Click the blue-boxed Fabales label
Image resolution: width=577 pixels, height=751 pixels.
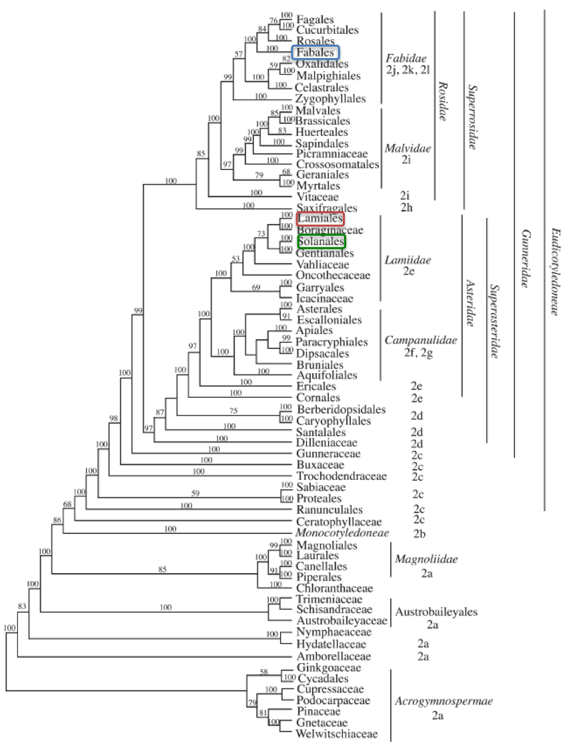(316, 53)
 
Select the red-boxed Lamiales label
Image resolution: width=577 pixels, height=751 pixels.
(321, 219)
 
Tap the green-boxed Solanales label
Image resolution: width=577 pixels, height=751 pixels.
(322, 241)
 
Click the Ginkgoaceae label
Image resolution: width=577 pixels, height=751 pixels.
(329, 668)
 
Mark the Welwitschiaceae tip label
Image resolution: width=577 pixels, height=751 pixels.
(337, 734)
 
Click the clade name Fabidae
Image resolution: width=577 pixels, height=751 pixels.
(408, 58)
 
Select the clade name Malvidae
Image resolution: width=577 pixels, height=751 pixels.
(408, 147)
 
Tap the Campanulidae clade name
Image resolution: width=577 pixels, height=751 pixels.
(421, 341)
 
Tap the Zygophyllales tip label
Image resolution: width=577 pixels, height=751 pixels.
(331, 99)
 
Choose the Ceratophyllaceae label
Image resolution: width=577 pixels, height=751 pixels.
(339, 522)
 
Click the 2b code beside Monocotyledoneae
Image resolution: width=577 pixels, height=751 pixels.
(419, 534)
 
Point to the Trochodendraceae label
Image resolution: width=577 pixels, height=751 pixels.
(342, 476)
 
